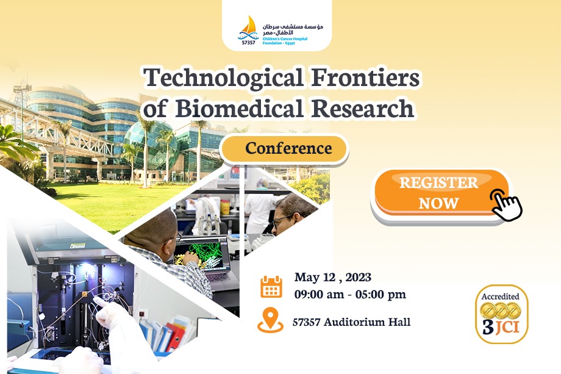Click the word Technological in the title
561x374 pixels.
[224, 78]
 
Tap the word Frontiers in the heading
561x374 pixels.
[365, 77]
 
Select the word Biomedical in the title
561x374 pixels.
[240, 108]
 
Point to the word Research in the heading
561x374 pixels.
[362, 108]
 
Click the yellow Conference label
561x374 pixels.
[284, 148]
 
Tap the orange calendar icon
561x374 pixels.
[271, 287]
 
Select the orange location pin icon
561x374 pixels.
[270, 320]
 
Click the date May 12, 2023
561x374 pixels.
[333, 278]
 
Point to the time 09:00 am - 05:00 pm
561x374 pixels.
[350, 295]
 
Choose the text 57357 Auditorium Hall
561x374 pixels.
[351, 322]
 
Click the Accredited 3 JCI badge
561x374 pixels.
[501, 314]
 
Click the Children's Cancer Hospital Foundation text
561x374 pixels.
[285, 41]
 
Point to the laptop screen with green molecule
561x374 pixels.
[202, 254]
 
